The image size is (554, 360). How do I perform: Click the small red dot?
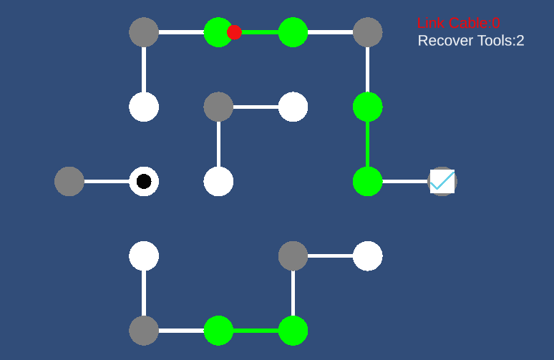click(234, 32)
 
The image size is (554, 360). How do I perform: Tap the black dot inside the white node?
click(144, 181)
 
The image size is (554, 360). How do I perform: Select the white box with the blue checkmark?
click(442, 182)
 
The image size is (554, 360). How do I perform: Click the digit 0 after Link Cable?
click(496, 24)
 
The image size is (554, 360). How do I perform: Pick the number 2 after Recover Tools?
click(520, 41)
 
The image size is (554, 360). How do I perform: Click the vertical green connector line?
click(367, 144)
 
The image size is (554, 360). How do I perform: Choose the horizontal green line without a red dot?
click(256, 331)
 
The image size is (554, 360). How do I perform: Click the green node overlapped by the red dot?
click(218, 32)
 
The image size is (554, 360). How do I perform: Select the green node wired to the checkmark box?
click(367, 182)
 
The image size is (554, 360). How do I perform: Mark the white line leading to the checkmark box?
click(405, 182)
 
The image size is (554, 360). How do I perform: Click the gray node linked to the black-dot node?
click(69, 182)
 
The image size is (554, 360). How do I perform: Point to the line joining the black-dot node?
click(107, 182)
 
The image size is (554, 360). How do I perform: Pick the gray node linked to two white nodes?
click(218, 107)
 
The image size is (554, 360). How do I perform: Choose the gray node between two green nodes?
click(367, 32)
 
